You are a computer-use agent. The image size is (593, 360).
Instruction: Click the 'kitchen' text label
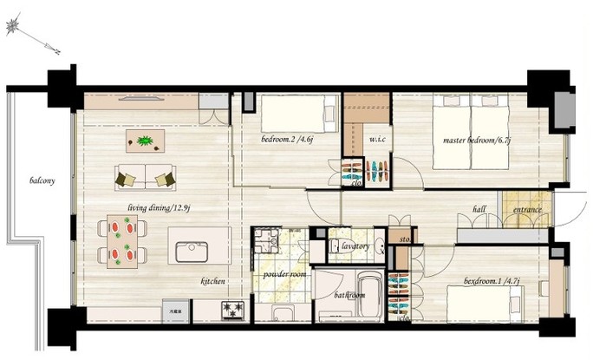click(213, 282)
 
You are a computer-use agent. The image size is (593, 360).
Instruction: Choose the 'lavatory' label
click(355, 247)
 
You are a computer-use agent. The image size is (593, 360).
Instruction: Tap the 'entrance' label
click(527, 210)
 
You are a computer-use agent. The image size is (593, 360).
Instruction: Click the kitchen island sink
click(192, 252)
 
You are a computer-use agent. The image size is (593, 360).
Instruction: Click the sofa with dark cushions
click(146, 177)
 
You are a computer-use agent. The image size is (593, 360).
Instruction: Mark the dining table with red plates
click(122, 240)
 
